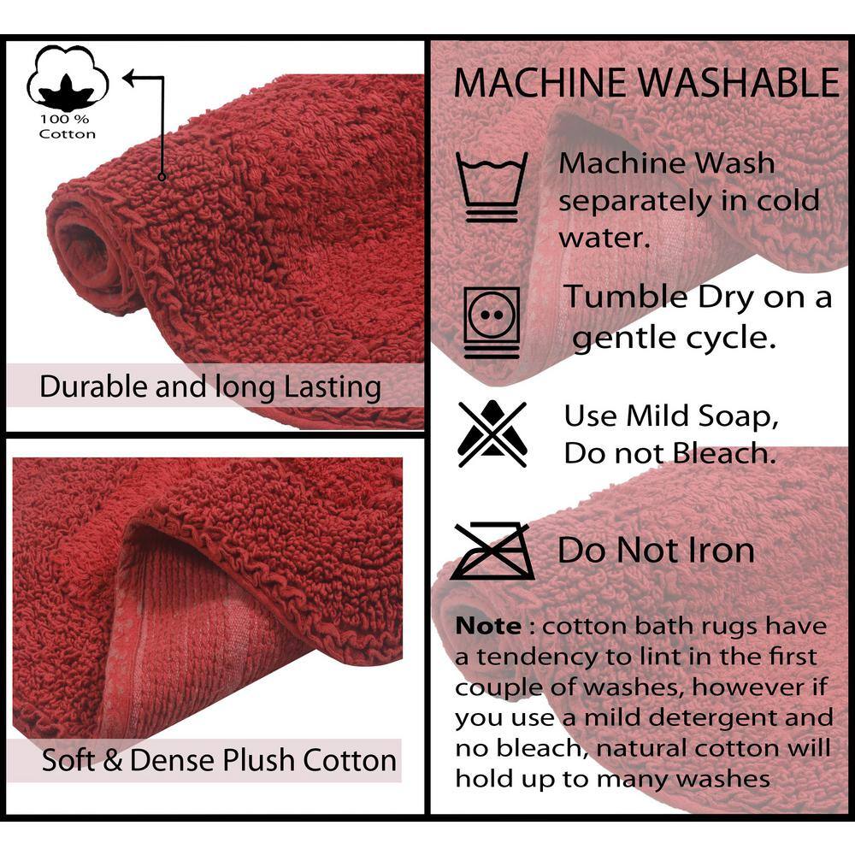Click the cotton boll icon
point(68,78)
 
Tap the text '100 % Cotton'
point(67,127)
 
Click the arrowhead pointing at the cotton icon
point(129,79)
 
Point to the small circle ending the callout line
point(162,177)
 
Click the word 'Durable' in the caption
point(94,386)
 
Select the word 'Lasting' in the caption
point(333,387)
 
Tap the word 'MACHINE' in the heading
point(540,83)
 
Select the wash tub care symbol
point(492,187)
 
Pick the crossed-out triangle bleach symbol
point(492,434)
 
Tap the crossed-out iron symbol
point(492,551)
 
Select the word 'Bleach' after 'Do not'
point(724,453)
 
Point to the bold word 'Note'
point(488,626)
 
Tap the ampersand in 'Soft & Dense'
point(112,761)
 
